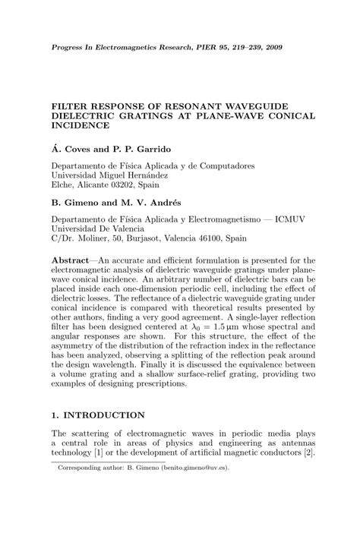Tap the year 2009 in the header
270,46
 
